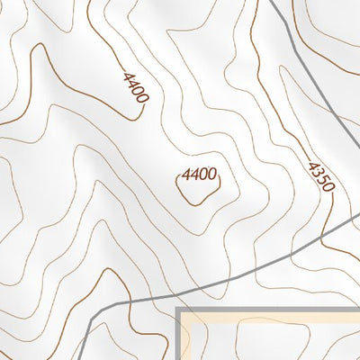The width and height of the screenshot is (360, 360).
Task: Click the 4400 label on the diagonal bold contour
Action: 132,89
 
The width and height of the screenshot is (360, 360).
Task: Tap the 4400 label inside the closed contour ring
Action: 199,174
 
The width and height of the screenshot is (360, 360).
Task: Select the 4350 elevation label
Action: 320,176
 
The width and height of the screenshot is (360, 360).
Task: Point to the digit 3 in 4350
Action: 317,172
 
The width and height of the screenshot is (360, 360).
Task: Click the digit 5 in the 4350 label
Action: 323,180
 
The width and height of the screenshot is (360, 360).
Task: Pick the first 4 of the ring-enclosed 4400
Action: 185,175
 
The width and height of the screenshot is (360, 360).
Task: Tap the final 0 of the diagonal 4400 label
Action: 139,103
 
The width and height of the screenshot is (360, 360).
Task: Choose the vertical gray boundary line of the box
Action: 178,337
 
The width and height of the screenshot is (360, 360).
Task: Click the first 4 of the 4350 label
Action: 312,166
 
